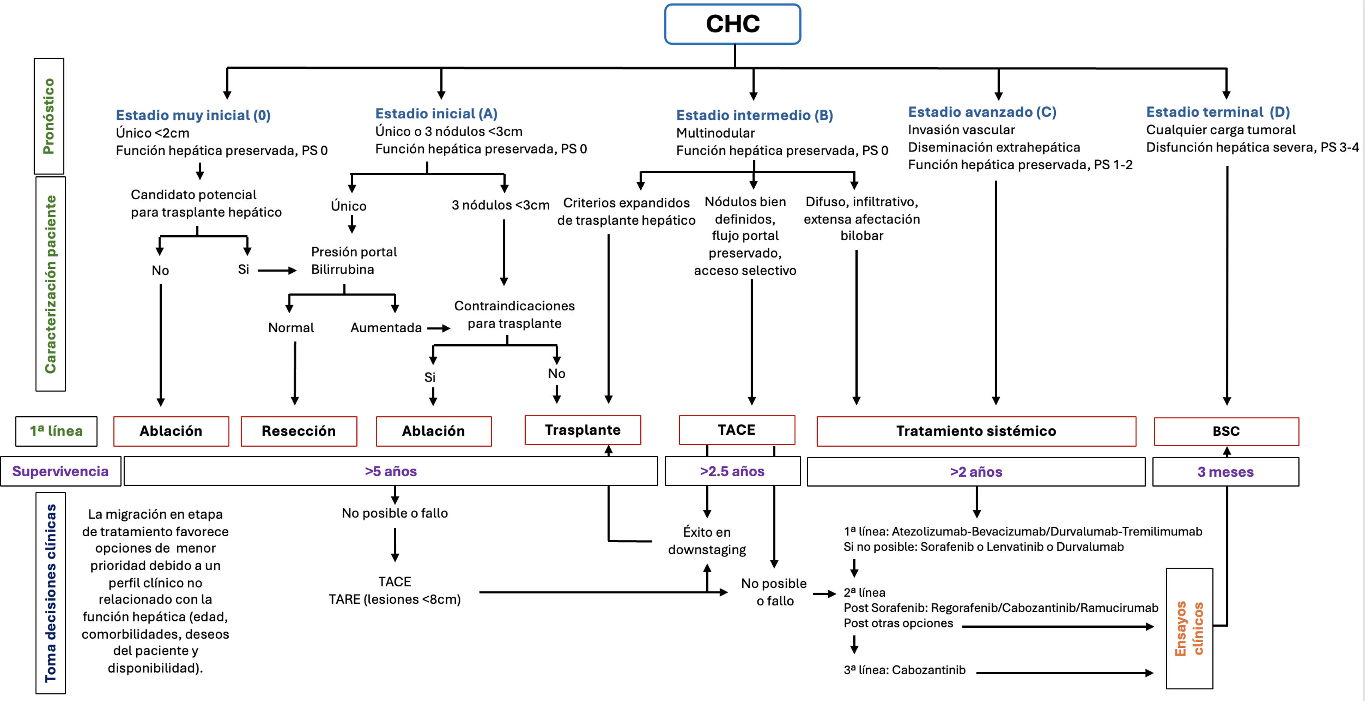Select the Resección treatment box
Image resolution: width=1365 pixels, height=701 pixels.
pyautogui.click(x=299, y=431)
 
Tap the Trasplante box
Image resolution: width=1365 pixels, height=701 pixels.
pyautogui.click(x=582, y=430)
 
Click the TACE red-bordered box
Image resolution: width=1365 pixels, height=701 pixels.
pyautogui.click(x=737, y=430)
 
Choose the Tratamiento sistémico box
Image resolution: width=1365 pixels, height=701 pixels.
pyautogui.click(x=976, y=431)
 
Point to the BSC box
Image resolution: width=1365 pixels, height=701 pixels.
pyautogui.click(x=1226, y=431)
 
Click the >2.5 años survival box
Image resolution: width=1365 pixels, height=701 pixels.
pyautogui.click(x=732, y=471)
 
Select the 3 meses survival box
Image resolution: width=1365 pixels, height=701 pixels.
pyautogui.click(x=1225, y=472)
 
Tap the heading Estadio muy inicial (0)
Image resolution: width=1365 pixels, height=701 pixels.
pyautogui.click(x=193, y=115)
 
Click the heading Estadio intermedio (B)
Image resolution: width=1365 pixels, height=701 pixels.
pyautogui.click(x=755, y=115)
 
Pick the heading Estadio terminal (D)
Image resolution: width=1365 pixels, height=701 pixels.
pyautogui.click(x=1218, y=112)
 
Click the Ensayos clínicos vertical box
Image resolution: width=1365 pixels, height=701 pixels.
pyautogui.click(x=1189, y=628)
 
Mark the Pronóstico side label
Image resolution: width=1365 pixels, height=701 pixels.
pyautogui.click(x=49, y=116)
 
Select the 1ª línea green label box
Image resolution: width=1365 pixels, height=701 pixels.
pyautogui.click(x=56, y=431)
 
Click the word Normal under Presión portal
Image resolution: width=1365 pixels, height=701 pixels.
pyautogui.click(x=291, y=328)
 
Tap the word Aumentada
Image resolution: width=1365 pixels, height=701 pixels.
pyautogui.click(x=386, y=328)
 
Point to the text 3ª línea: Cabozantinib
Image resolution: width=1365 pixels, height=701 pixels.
pyautogui.click(x=904, y=670)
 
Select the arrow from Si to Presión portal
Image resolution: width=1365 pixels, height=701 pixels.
pyautogui.click(x=276, y=270)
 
